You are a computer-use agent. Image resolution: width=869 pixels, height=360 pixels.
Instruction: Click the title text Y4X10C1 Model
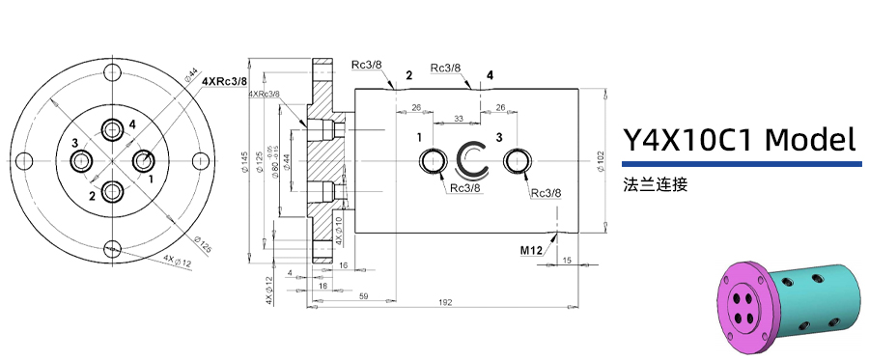tap(740, 141)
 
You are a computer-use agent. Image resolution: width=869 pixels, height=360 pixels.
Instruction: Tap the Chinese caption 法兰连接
tap(656, 183)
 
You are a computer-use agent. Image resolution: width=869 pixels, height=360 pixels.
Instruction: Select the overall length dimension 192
tap(445, 303)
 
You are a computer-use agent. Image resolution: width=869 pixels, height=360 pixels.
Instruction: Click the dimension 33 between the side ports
tap(459, 118)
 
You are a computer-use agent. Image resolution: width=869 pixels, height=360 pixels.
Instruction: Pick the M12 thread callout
tap(530, 250)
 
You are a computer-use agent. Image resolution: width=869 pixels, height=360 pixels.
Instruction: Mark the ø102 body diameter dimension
tap(602, 159)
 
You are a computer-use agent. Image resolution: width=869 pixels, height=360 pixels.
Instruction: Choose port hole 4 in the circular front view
tap(114, 128)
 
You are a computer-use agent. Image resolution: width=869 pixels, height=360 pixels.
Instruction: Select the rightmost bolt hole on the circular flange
tap(201, 159)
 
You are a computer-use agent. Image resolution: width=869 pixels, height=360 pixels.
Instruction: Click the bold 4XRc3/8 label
tap(223, 82)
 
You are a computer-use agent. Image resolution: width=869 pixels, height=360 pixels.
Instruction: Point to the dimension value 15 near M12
tap(567, 260)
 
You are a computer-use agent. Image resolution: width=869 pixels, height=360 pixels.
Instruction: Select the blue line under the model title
tap(740, 165)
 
